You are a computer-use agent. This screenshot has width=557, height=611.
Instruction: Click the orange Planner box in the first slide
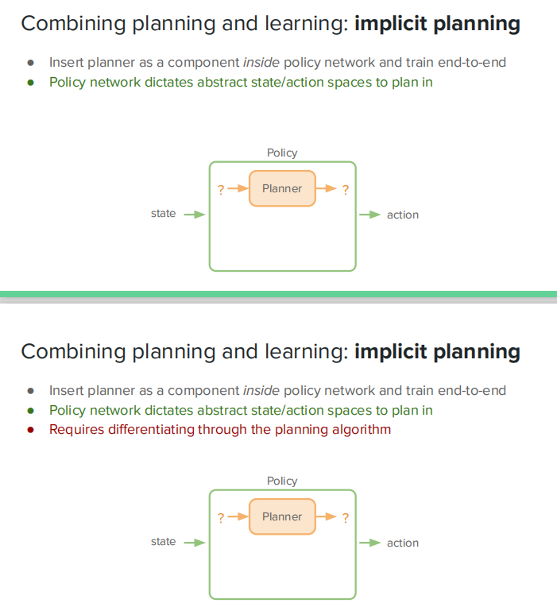[282, 188]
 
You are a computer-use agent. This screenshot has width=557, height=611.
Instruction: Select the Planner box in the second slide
[282, 516]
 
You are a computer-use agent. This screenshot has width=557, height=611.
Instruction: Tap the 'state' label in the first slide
[163, 214]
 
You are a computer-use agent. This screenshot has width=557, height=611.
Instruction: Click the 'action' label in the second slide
[402, 543]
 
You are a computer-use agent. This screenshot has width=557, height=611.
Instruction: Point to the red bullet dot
[31, 430]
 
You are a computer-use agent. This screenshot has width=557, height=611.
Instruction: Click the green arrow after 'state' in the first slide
[195, 214]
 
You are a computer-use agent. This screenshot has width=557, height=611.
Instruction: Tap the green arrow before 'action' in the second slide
[369, 543]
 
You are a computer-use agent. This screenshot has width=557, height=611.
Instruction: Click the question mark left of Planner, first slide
[220, 189]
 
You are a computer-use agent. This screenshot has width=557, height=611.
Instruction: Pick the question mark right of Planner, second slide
[345, 517]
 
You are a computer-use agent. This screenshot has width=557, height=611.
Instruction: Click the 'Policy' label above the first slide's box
[282, 153]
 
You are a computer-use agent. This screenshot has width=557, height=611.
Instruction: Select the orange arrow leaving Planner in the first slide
[327, 189]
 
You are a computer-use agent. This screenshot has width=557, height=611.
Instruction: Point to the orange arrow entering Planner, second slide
[237, 517]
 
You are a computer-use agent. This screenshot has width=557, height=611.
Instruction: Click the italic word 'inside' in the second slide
[261, 390]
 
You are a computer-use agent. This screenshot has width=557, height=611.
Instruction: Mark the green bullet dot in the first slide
[31, 82]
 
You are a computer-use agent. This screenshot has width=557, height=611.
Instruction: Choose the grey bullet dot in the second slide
[31, 390]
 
